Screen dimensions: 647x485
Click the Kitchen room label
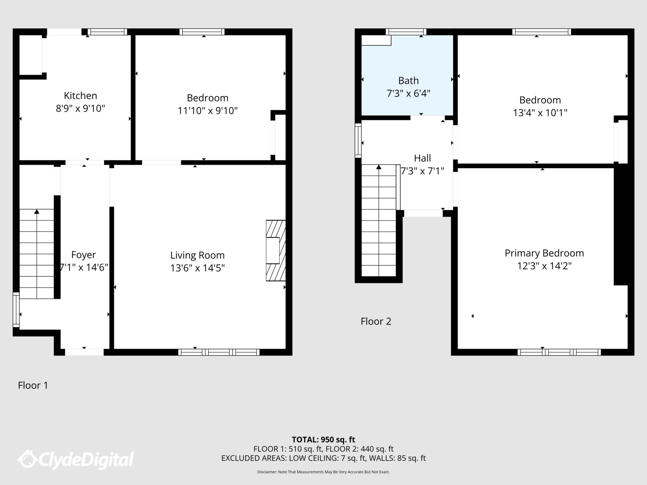[x=80, y=96]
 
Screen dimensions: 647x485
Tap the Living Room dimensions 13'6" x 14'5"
[x=197, y=268]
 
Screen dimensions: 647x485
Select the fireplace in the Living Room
[x=276, y=250]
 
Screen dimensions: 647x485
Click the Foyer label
[x=83, y=255]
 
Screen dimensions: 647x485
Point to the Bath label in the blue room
[x=408, y=81]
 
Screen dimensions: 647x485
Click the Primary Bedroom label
[x=544, y=253]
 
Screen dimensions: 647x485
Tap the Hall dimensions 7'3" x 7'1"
[x=422, y=171]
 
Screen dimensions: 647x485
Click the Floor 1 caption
[x=33, y=385]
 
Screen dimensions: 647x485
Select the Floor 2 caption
[x=376, y=321]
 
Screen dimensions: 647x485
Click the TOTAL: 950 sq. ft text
[x=323, y=440]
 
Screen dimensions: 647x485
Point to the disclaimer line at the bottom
[x=323, y=472]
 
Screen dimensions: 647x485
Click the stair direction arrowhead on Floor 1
[x=37, y=212]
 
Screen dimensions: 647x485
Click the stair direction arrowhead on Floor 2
[x=379, y=167]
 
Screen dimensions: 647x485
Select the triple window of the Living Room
[x=219, y=352]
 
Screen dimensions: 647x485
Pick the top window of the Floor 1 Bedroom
[x=202, y=32]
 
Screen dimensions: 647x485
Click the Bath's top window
[x=406, y=32]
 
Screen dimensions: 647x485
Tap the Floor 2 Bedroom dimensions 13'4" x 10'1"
[x=540, y=113]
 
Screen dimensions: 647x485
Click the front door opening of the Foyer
[x=84, y=352]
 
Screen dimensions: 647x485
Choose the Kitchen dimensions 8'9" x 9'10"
[x=80, y=109]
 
